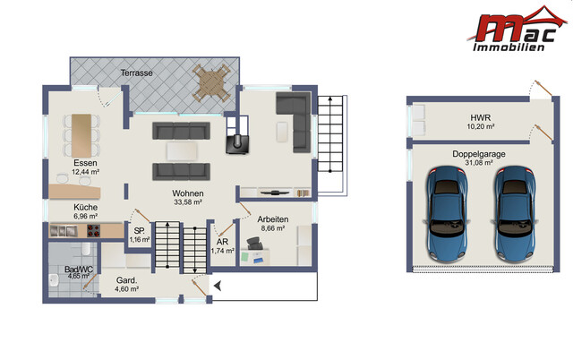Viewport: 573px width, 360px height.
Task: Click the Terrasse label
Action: tap(136, 73)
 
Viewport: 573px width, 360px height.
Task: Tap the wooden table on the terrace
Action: tap(211, 83)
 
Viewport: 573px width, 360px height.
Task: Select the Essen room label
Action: tap(85, 163)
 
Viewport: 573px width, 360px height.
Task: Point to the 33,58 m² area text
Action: tap(188, 201)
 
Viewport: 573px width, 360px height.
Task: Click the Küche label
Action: tap(85, 207)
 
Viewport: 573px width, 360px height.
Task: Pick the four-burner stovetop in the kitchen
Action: tap(93, 231)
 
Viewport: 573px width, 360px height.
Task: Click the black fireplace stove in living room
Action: tap(237, 144)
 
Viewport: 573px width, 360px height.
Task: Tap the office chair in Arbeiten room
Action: tap(254, 243)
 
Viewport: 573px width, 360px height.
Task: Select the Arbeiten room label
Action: tap(272, 219)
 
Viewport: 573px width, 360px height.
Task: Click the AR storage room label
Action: tap(222, 242)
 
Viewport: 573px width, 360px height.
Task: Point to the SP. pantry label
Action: tap(140, 231)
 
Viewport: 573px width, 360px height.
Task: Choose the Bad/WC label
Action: tap(79, 269)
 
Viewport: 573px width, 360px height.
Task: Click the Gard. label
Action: tap(126, 280)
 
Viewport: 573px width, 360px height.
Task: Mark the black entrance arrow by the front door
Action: tap(218, 286)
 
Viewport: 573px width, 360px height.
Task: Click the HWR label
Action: tap(481, 117)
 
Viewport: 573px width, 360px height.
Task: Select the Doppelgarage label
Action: tap(479, 154)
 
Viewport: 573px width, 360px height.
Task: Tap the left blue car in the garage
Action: tap(447, 214)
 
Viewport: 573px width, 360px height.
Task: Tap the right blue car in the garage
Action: tap(515, 214)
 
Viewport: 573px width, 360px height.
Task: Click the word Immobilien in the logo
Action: tap(509, 47)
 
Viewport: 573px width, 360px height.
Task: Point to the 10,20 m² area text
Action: tap(481, 127)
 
